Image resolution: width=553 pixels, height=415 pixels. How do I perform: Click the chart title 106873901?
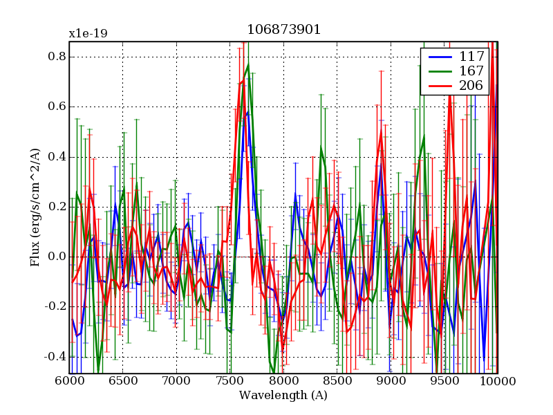coord(283,30)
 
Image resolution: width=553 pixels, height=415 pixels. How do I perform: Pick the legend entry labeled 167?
coord(470,71)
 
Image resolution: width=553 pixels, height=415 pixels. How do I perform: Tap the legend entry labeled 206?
coord(470,86)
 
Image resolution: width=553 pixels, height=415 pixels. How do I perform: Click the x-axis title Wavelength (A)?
coord(283,396)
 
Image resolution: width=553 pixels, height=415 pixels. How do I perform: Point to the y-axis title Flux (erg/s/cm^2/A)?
coord(35,207)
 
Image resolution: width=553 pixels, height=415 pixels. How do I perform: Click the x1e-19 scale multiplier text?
coord(88,33)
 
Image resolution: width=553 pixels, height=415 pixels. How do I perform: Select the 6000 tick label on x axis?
coord(69,382)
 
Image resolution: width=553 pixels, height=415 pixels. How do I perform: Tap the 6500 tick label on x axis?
coord(123,382)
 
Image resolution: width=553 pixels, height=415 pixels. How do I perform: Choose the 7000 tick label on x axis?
coord(176,382)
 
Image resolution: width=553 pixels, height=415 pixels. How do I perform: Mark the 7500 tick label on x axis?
coord(229,382)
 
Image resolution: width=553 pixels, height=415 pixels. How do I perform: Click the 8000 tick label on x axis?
coord(283,382)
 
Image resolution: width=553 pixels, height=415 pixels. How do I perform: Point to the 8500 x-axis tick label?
coord(337,382)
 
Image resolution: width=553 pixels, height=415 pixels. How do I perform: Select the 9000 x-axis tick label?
coord(391,382)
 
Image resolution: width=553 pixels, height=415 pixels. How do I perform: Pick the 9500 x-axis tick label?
coord(444,382)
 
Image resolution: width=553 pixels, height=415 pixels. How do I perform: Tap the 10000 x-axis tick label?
coord(498,382)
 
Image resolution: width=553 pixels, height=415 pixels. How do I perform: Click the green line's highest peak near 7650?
coord(248,65)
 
